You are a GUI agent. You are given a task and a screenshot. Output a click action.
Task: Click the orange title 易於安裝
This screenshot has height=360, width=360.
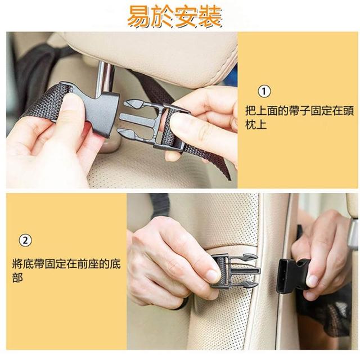pyautogui.click(x=175, y=16)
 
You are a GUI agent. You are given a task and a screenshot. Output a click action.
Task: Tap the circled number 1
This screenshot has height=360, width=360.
pyautogui.click(x=264, y=91)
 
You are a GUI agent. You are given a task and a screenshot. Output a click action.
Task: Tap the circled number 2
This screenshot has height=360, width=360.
pyautogui.click(x=25, y=240)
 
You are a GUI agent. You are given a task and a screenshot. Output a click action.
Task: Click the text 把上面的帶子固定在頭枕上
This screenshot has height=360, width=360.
pyautogui.click(x=299, y=118)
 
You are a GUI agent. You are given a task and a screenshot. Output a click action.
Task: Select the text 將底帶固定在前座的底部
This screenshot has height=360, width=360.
pyautogui.click(x=66, y=271)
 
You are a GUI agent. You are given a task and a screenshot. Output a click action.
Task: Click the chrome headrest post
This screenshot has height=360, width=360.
pyautogui.click(x=105, y=78)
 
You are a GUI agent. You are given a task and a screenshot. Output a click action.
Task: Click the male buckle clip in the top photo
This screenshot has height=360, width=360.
pyautogui.click(x=154, y=125)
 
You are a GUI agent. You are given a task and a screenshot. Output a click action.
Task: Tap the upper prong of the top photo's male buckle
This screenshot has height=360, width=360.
pyautogui.click(x=134, y=104)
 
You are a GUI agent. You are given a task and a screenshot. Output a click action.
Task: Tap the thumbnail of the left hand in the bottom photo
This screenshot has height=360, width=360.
pyautogui.click(x=213, y=276)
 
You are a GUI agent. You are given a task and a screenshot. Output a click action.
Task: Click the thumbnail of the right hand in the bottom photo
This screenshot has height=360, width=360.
pyautogui.click(x=313, y=282)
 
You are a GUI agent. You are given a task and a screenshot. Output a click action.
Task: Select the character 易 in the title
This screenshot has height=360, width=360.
pyautogui.click(x=139, y=17)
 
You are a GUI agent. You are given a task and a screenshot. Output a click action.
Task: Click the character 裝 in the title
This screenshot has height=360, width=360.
pyautogui.click(x=210, y=16)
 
